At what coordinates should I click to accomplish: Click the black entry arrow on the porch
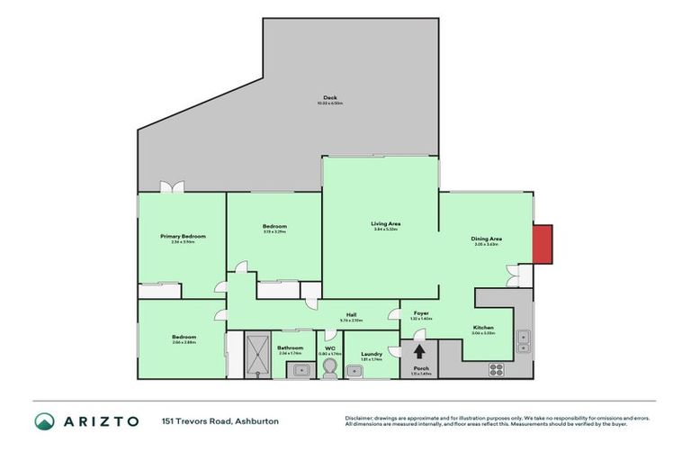(420, 351)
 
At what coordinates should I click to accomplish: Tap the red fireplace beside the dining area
(543, 244)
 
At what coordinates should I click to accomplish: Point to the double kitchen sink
(524, 340)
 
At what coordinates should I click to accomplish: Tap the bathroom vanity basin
(301, 370)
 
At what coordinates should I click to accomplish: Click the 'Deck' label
(329, 99)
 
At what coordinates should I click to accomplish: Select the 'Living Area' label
(385, 223)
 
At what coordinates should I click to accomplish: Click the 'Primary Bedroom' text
(183, 236)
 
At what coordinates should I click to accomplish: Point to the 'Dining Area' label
(486, 239)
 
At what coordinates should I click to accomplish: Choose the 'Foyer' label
(421, 313)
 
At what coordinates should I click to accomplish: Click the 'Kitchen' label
(483, 327)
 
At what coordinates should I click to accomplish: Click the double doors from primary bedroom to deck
(171, 187)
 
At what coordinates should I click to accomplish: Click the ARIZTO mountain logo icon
(44, 420)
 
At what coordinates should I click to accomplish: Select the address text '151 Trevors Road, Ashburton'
(207, 420)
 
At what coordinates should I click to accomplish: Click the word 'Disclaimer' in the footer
(360, 418)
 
